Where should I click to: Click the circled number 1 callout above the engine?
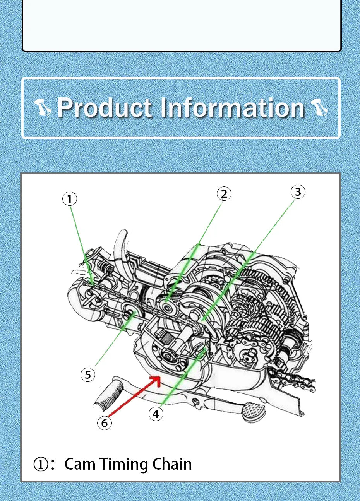(69, 198)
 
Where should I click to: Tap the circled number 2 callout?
(224, 194)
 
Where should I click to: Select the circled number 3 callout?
(298, 192)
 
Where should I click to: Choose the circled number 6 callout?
(105, 423)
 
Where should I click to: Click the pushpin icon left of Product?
(43, 108)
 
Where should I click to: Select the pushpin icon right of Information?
(320, 108)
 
